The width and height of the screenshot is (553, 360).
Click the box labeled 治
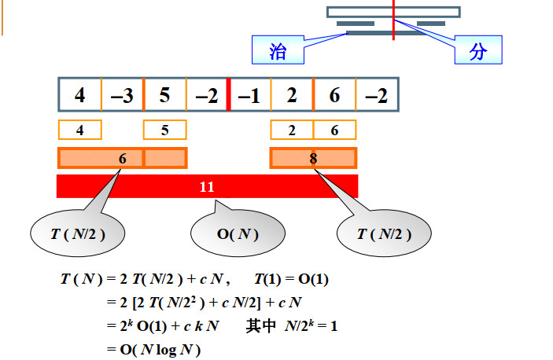(x=278, y=51)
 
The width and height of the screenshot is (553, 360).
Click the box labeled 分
(x=478, y=51)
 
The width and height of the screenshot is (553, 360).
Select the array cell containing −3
(x=122, y=95)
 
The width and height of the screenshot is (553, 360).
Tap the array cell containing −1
(x=249, y=95)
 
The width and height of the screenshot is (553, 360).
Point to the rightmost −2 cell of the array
(x=377, y=95)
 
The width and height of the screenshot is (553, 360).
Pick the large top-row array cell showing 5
(x=164, y=95)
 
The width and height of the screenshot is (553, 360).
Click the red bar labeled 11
(x=207, y=186)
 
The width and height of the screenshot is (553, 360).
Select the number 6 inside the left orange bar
(x=122, y=159)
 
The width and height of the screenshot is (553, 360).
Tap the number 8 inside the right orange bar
(x=313, y=159)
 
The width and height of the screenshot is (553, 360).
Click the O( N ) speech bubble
(x=238, y=234)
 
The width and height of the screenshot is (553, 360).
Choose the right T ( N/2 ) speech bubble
(x=385, y=234)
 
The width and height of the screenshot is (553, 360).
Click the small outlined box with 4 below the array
(x=79, y=130)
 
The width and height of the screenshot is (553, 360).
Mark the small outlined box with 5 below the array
(x=164, y=130)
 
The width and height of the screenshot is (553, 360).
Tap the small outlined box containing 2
(x=292, y=130)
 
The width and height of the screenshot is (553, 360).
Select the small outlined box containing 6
(x=334, y=130)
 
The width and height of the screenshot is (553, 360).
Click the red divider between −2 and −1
(x=228, y=95)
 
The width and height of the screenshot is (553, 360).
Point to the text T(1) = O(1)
(x=292, y=280)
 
